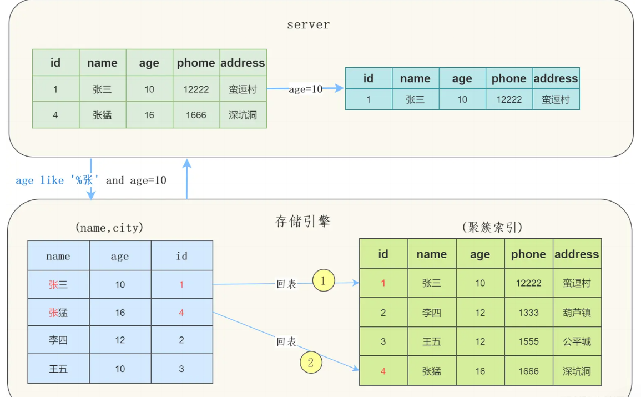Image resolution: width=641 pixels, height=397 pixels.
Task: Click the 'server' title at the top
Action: click(x=308, y=25)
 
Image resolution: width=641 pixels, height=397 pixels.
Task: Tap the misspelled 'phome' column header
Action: click(x=196, y=63)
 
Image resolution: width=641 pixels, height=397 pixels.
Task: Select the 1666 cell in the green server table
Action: click(x=196, y=115)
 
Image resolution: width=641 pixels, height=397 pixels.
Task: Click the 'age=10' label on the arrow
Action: click(x=305, y=89)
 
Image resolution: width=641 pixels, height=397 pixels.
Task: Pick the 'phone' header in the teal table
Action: click(x=509, y=78)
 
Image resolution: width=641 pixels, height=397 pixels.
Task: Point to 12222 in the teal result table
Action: click(x=509, y=99)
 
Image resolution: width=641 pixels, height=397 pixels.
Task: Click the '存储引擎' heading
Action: click(x=303, y=221)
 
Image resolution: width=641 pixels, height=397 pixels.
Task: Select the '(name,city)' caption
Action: click(x=109, y=227)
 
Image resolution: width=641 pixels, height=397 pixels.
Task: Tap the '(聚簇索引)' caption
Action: click(x=492, y=227)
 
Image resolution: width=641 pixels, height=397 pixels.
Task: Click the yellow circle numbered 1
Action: click(x=324, y=280)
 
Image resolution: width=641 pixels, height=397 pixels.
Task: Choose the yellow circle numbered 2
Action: click(x=311, y=363)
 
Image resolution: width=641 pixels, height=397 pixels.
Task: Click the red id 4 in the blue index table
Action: click(x=181, y=313)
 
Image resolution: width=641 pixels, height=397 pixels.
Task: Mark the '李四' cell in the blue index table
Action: click(x=58, y=340)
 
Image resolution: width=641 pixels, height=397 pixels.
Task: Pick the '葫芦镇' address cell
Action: click(x=577, y=313)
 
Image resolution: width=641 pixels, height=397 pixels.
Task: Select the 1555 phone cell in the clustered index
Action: click(x=528, y=341)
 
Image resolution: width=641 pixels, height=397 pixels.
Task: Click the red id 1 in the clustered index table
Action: click(x=383, y=283)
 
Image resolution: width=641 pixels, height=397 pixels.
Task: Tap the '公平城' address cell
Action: click(x=577, y=341)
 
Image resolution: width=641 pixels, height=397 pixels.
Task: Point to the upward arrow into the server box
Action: click(x=187, y=178)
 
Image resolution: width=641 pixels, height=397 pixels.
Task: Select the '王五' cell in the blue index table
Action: click(x=58, y=369)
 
